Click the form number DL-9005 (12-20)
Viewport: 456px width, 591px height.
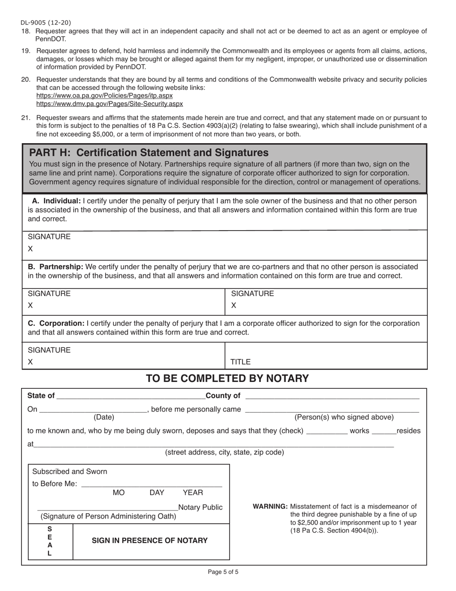[46, 23]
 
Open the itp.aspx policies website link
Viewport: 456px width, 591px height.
[105, 96]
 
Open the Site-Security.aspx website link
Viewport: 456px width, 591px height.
[109, 104]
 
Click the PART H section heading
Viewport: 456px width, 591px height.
[149, 153]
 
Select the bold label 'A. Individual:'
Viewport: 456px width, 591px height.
[56, 201]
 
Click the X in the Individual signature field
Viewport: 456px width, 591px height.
[30, 249]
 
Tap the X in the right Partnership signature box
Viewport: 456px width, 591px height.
[234, 306]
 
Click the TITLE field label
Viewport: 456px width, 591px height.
[240, 362]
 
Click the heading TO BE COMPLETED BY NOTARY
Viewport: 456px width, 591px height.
[227, 379]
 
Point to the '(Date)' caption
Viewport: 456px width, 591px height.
[104, 417]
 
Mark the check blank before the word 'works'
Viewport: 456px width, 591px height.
[326, 431]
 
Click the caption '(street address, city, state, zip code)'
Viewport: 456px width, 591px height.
[224, 452]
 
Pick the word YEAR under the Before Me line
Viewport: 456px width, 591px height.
[193, 492]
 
